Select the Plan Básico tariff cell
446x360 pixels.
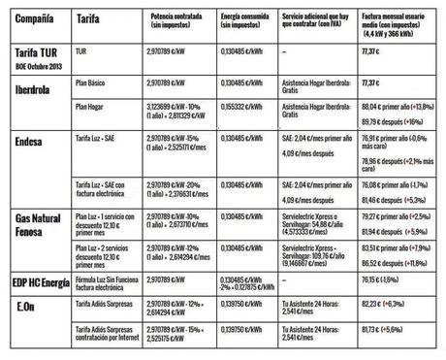pyautogui.click(x=93, y=85)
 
